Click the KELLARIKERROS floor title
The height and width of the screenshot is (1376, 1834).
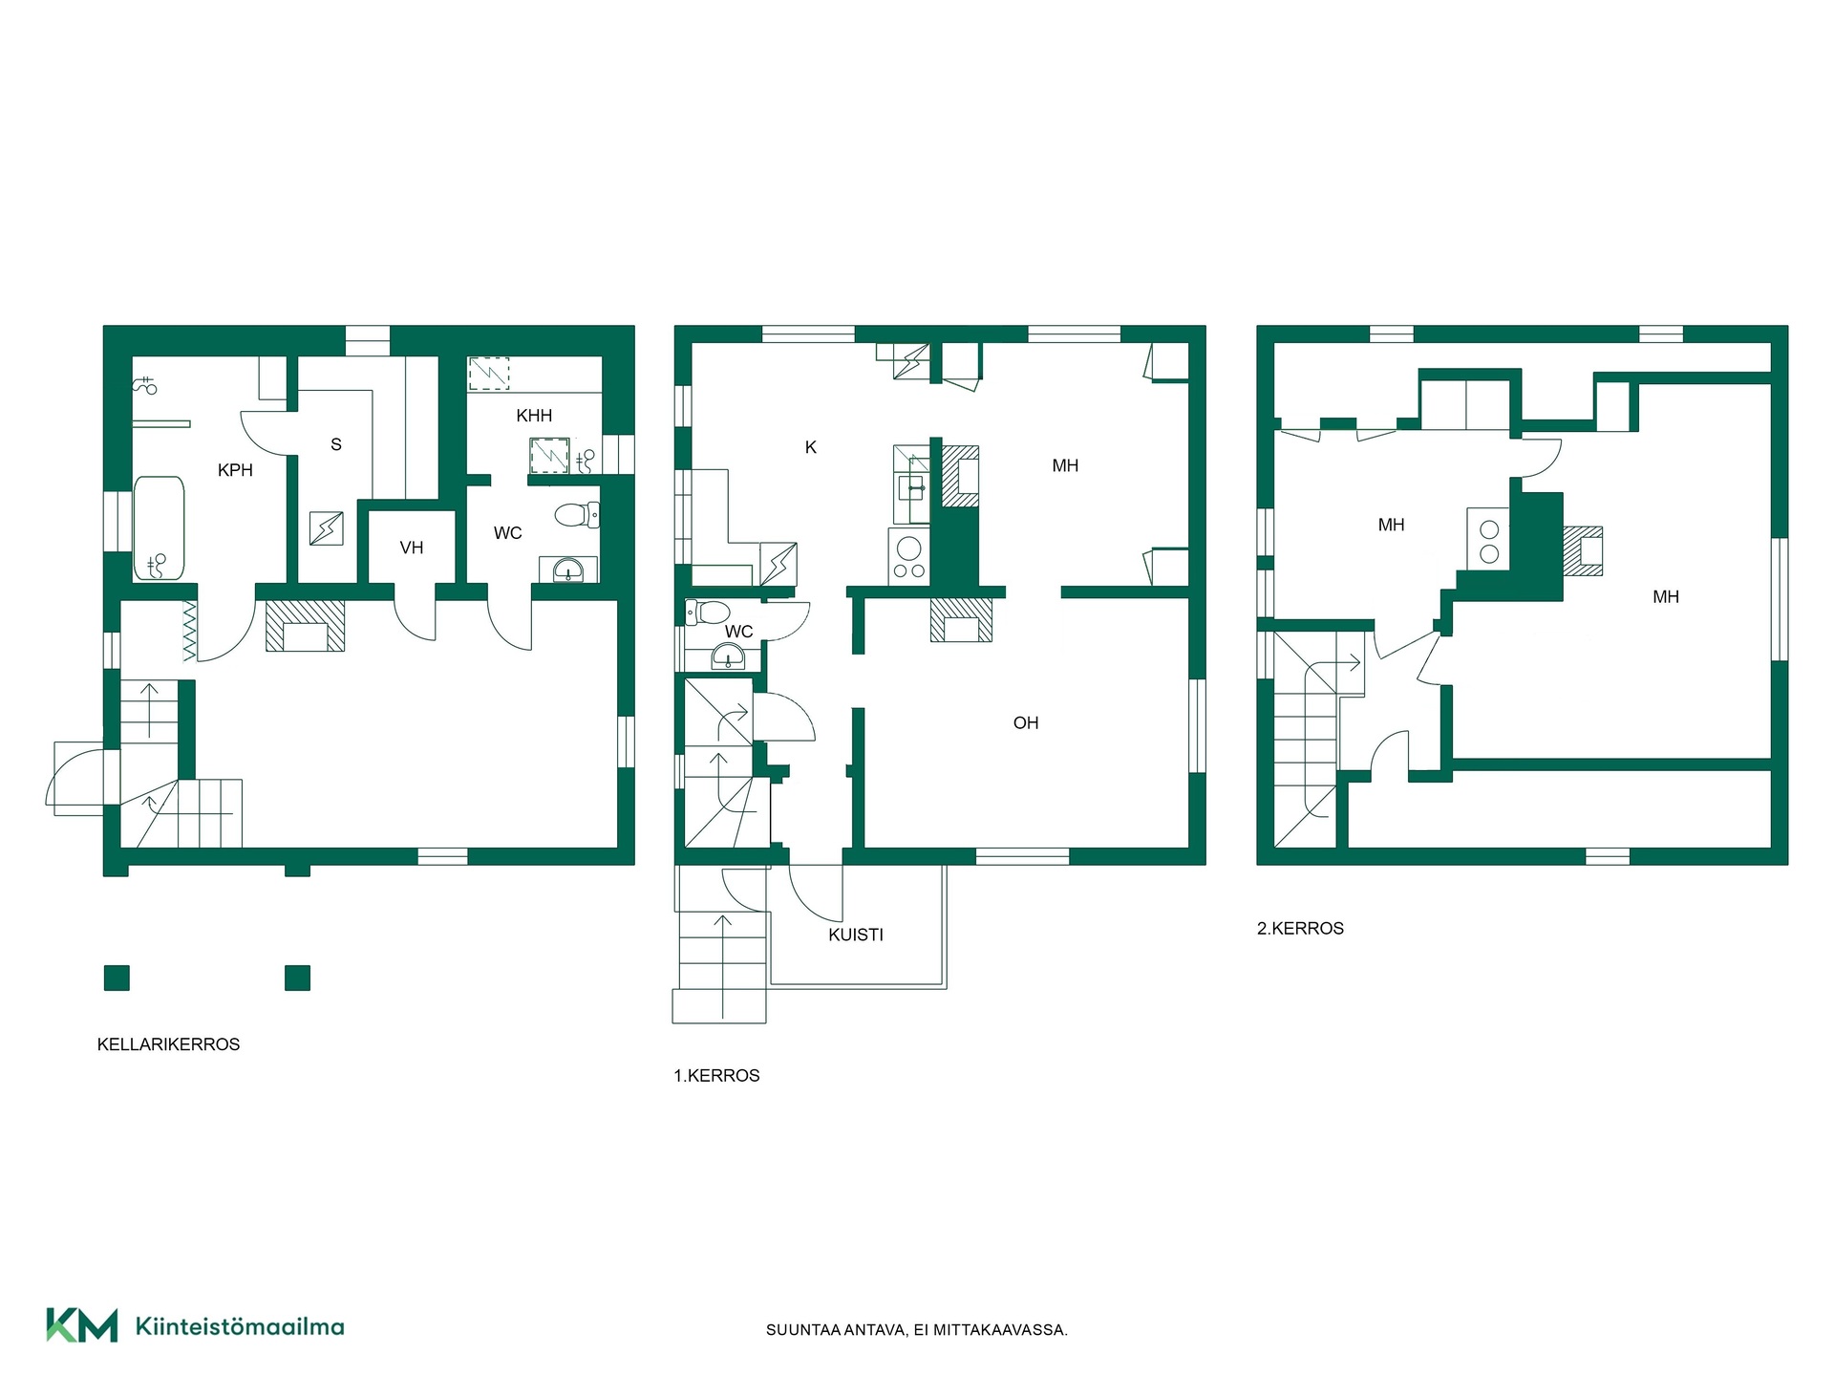click(168, 1044)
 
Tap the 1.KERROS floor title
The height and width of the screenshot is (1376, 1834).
click(716, 1076)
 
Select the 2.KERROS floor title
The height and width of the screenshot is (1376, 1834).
click(1300, 929)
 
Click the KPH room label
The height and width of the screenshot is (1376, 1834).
click(235, 470)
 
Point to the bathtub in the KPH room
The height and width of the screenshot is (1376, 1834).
click(159, 528)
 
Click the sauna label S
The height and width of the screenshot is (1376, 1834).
click(336, 444)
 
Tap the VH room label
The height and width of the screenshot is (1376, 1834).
click(412, 548)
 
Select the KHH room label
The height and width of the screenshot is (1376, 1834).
click(534, 416)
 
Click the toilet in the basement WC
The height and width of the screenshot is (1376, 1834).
click(577, 516)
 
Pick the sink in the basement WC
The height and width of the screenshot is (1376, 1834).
click(568, 570)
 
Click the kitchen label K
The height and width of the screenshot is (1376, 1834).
click(811, 447)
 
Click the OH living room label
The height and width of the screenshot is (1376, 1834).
click(1026, 723)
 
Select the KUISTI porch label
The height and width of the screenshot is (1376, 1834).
click(856, 935)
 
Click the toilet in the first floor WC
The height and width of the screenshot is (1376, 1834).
click(708, 612)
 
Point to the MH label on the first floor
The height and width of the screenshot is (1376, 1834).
click(1065, 466)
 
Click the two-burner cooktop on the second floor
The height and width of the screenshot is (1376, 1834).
click(1488, 539)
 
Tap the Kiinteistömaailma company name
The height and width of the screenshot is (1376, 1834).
click(240, 1326)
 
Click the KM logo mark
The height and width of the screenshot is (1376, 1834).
click(82, 1325)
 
